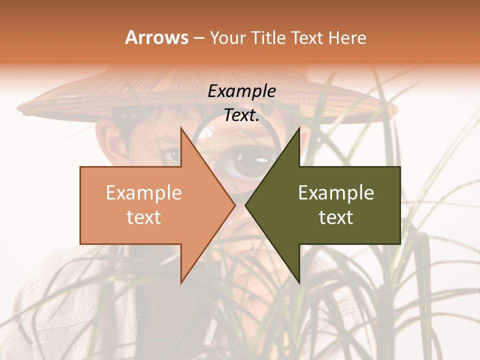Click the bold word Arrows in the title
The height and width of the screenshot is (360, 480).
click(x=156, y=37)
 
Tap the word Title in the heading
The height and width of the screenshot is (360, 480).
click(x=268, y=37)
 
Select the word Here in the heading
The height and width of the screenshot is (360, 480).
click(x=347, y=37)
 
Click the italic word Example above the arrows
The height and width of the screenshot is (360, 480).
click(x=242, y=91)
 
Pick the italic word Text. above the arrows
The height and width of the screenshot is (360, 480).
click(x=242, y=115)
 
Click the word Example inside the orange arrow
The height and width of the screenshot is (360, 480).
click(x=144, y=193)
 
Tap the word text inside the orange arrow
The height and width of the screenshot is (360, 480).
click(x=144, y=217)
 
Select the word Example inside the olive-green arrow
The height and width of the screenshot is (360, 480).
click(x=336, y=193)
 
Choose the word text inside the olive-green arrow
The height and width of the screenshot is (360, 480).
click(x=336, y=217)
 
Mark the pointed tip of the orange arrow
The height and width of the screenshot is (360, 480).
click(x=235, y=205)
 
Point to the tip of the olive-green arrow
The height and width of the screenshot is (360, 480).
click(x=245, y=205)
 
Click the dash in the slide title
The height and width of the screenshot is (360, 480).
click(x=198, y=38)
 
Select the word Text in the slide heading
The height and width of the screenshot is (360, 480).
click(x=306, y=37)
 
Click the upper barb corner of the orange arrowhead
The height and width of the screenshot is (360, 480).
click(x=181, y=127)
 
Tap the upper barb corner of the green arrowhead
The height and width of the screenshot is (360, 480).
click(x=299, y=127)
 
